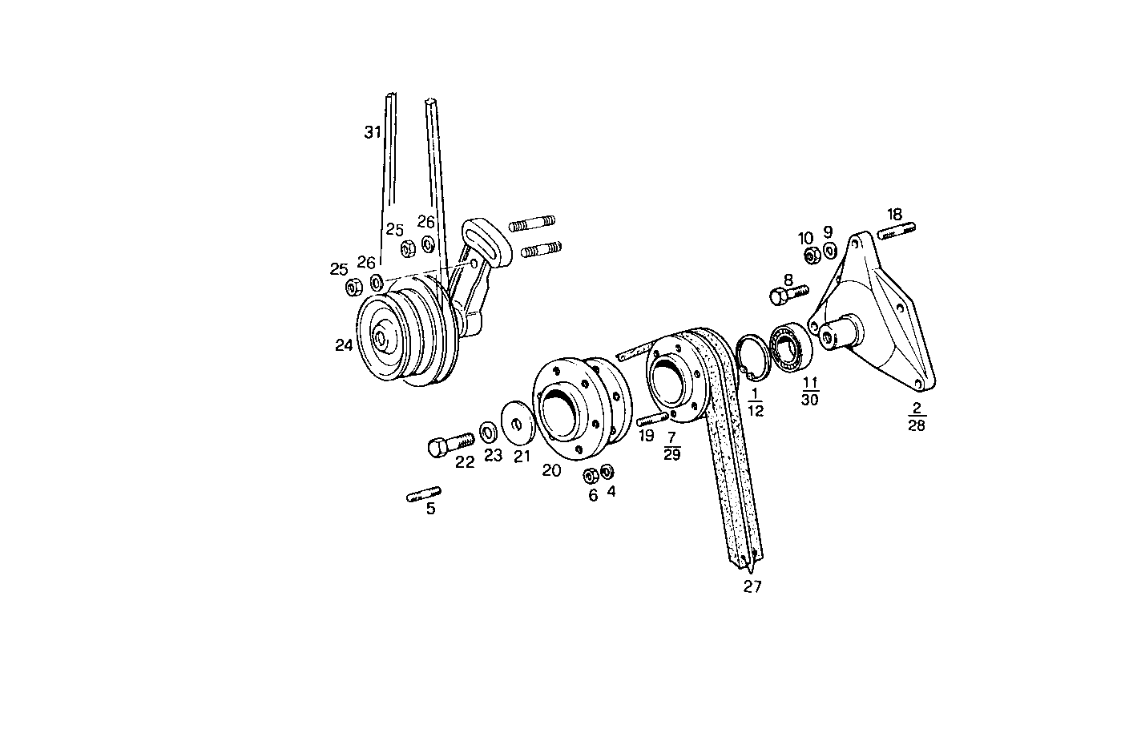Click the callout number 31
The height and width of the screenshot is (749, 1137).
[x=373, y=132]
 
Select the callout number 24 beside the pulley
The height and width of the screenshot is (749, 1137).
[x=345, y=345]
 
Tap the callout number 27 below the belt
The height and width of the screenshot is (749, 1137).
[x=752, y=586]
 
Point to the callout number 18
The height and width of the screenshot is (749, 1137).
[x=895, y=214]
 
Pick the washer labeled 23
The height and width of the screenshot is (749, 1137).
[x=487, y=433]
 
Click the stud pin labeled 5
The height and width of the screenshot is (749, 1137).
[x=423, y=494]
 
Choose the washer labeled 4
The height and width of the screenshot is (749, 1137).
[x=607, y=469]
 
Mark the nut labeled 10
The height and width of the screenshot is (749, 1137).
[x=811, y=256]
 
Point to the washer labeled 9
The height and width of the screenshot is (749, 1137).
[x=829, y=252]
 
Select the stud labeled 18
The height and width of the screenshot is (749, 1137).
[x=897, y=232]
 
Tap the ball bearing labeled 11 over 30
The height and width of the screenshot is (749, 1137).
[x=792, y=345]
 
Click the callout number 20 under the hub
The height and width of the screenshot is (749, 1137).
[x=551, y=471]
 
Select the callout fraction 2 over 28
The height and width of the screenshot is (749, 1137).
[x=916, y=417]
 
